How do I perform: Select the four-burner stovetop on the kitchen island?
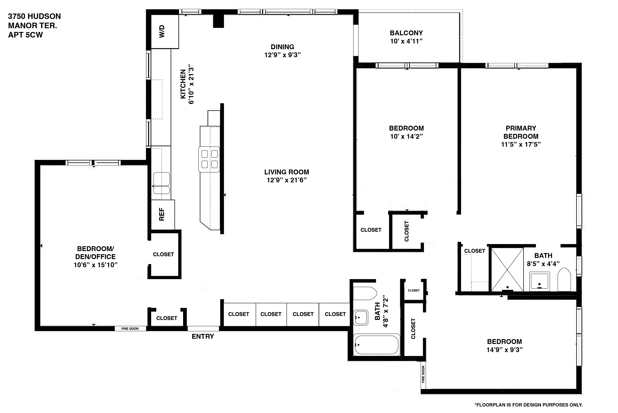pos(209,159)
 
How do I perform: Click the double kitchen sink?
pos(161,183)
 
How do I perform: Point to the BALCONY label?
pos(406,33)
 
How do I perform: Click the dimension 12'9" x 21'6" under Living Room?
pos(287,180)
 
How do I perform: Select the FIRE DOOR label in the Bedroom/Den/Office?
pos(130,329)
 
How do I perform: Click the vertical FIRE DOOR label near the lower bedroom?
pos(423,374)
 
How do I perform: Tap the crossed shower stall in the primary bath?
pos(507,269)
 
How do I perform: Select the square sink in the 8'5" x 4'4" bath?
pos(539,281)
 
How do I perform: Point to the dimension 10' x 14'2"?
pos(406,136)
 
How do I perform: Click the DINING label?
pos(282,47)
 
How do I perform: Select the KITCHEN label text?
pos(183,84)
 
